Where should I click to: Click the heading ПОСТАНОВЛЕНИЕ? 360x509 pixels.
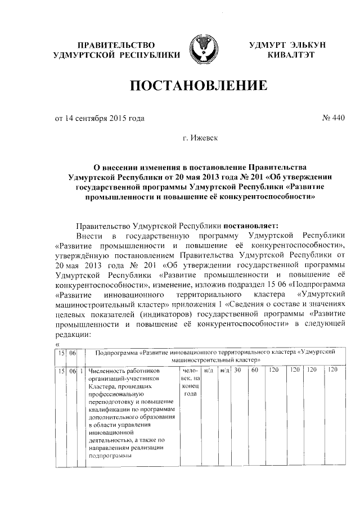(197, 86)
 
